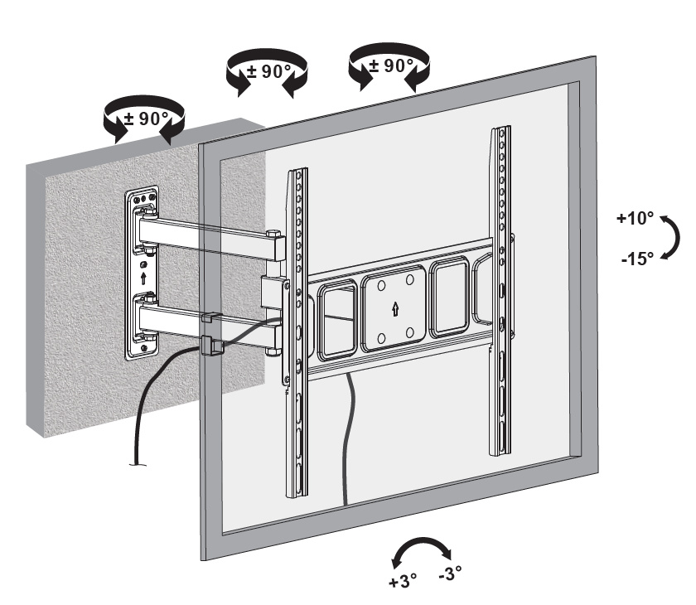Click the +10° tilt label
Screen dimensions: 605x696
pyautogui.click(x=635, y=220)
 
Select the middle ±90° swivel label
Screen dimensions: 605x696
pyautogui.click(x=265, y=71)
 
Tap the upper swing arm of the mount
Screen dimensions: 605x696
pyautogui.click(x=207, y=231)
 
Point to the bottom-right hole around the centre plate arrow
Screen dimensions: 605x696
pyautogui.click(x=412, y=336)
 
